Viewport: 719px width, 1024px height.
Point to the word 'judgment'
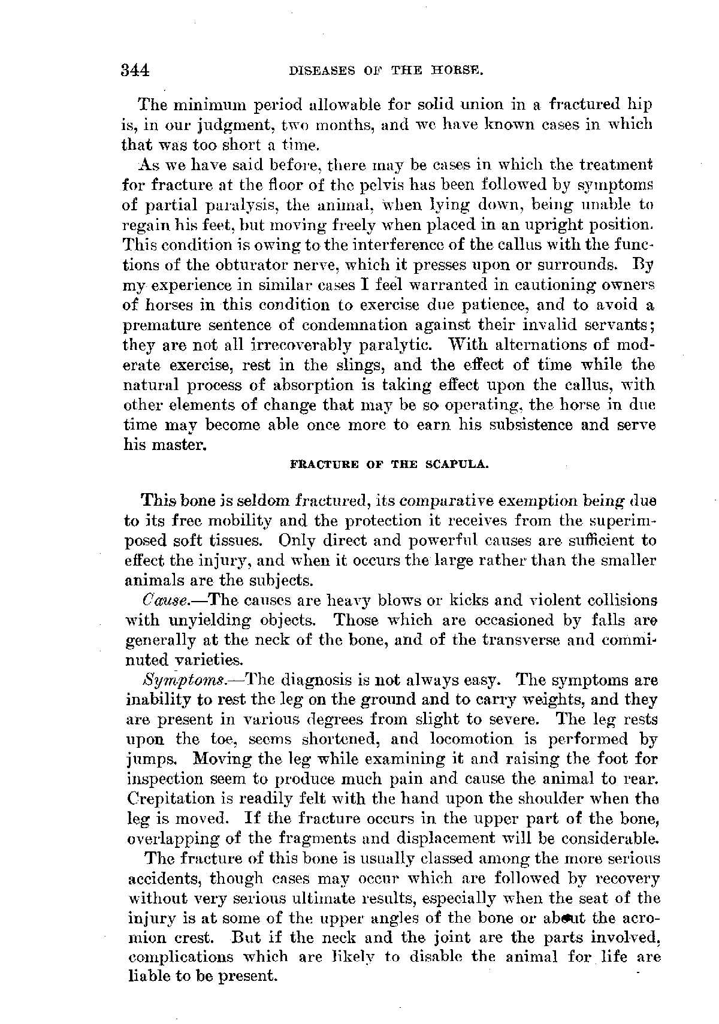[x=217, y=125]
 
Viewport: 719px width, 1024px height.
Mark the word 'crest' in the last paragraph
[x=200, y=937]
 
